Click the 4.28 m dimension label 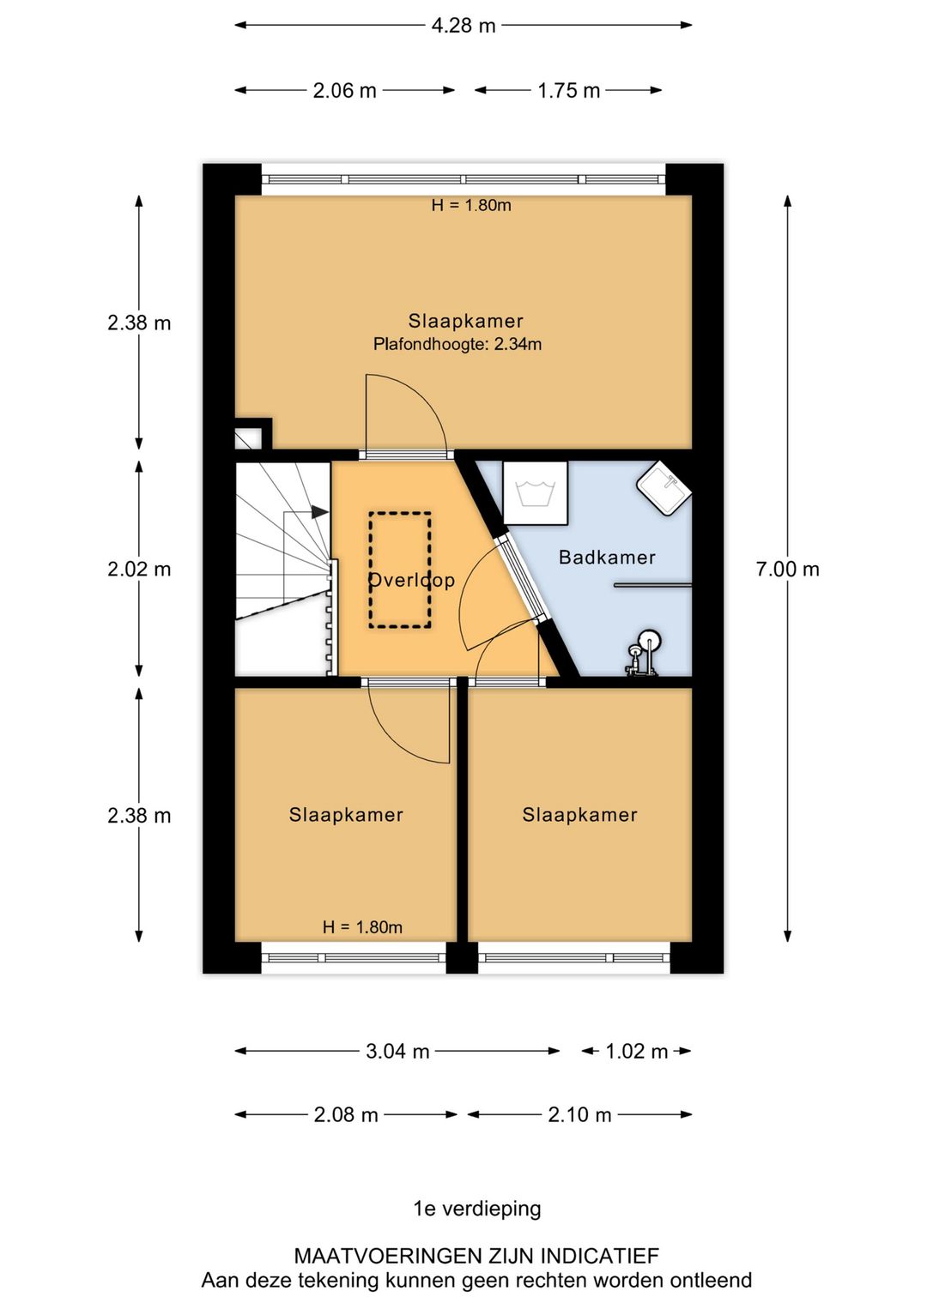[x=463, y=26]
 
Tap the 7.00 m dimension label [x=787, y=570]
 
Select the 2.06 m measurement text [x=344, y=91]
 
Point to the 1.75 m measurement [x=568, y=91]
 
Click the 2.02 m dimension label [x=139, y=570]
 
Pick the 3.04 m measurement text [x=397, y=1052]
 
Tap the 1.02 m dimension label [x=636, y=1052]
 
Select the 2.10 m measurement [x=579, y=1115]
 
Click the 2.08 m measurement [x=346, y=1115]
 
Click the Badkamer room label [x=607, y=557]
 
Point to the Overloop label [x=412, y=580]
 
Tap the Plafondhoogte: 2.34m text [x=457, y=344]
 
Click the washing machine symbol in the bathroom [x=535, y=492]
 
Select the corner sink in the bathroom [x=664, y=489]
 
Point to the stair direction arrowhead [x=319, y=512]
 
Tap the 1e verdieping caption [x=477, y=1209]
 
